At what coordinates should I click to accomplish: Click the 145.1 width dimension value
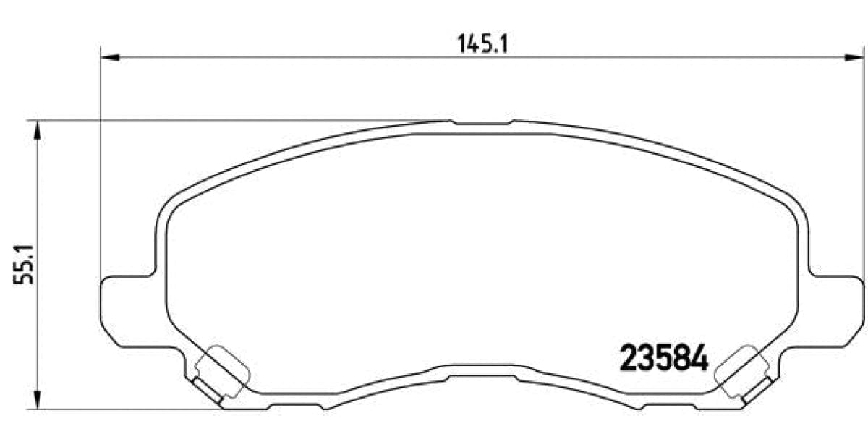483,44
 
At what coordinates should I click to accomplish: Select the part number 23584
664,357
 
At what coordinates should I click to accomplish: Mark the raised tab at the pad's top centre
482,124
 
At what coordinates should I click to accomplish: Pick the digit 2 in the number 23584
628,357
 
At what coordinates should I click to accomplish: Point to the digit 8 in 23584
682,357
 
